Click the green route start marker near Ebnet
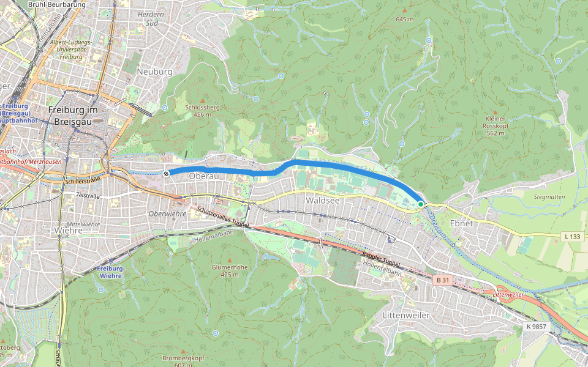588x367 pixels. click(421, 203)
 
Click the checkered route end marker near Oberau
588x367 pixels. click(166, 173)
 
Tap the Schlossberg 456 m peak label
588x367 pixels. click(202, 111)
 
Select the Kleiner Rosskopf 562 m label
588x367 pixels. click(495, 125)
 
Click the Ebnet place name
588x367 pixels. click(461, 223)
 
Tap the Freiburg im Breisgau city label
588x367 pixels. click(72, 115)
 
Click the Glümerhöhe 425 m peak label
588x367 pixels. click(230, 270)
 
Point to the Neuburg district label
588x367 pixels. click(154, 72)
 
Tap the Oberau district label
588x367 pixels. click(204, 176)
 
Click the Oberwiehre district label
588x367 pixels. click(167, 213)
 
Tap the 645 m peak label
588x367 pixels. click(404, 19)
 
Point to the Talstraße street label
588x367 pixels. click(87, 196)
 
